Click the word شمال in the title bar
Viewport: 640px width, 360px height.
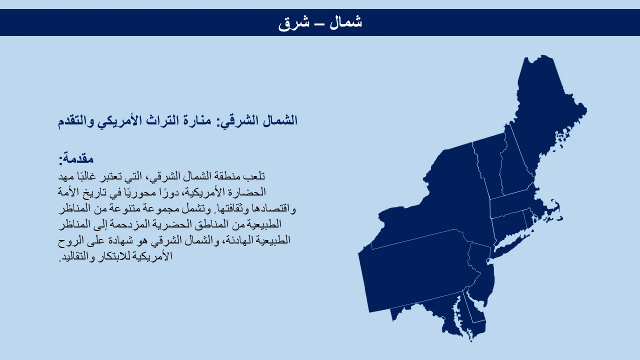pos(345,22)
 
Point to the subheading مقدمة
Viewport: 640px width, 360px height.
pos(76,158)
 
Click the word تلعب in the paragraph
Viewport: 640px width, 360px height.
pos(254,176)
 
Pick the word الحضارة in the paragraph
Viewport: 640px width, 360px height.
pos(248,191)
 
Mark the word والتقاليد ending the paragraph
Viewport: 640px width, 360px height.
pos(76,256)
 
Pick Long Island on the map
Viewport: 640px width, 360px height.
pos(511,245)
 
